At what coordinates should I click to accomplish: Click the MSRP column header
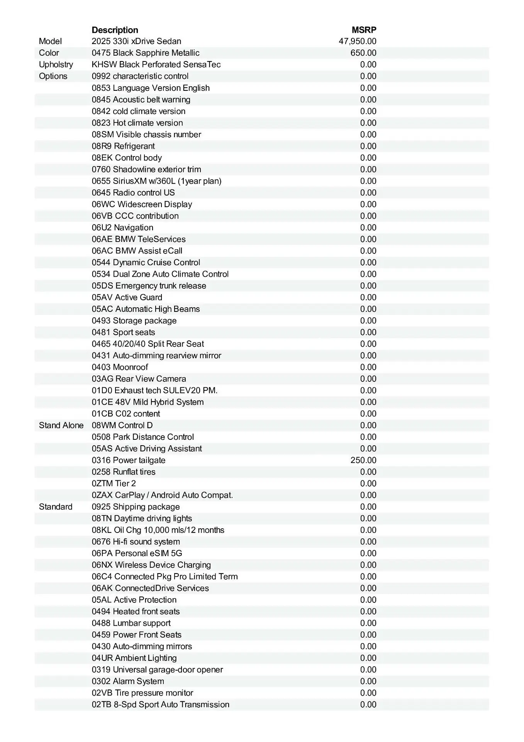coord(364,30)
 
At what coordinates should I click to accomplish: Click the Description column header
coord(115,30)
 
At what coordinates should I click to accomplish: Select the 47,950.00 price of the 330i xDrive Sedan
coord(357,41)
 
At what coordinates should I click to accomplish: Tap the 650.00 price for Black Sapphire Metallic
coord(363,53)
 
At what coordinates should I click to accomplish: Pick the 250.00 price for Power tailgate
coord(363,460)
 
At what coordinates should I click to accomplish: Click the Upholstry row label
coord(56,65)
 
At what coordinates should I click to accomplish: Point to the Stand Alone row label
coord(61,425)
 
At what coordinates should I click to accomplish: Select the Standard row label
coord(55,507)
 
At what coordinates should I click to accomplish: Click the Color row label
coord(49,53)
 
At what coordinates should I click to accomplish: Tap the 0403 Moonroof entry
coord(120,367)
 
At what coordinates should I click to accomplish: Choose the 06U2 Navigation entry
coord(122,228)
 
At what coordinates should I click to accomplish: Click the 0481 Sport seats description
coord(123,332)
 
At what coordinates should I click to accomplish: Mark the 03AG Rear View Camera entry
coord(139,379)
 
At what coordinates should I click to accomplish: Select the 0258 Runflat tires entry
coord(124,472)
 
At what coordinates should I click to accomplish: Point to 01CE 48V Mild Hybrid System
coord(148,402)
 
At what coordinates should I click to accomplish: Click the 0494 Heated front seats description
coord(136,611)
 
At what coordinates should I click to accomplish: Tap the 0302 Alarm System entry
coord(128,681)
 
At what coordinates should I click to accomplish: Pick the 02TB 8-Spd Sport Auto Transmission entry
coord(160,705)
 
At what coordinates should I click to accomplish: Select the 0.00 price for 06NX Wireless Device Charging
coord(368,565)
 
